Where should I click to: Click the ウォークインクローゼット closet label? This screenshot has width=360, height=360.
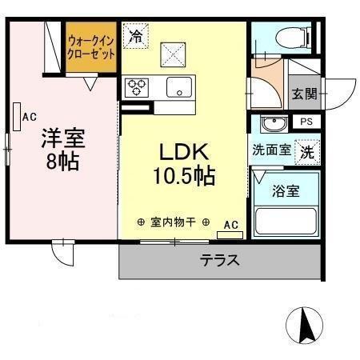click(x=90, y=46)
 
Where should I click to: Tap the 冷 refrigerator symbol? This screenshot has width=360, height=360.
click(x=136, y=36)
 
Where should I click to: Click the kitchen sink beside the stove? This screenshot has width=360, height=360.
click(x=178, y=87)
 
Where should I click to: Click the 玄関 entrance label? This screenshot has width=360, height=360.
click(x=303, y=94)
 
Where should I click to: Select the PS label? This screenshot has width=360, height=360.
click(x=306, y=122)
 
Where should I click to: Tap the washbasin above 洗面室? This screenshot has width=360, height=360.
click(x=274, y=125)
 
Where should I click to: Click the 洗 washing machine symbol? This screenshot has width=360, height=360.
click(x=306, y=150)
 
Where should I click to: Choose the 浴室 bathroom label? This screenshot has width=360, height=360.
click(x=286, y=193)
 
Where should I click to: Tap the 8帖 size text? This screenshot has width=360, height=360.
click(x=61, y=162)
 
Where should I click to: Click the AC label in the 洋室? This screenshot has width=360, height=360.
click(x=30, y=117)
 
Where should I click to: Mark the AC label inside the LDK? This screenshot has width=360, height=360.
click(x=230, y=225)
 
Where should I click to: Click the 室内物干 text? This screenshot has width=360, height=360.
click(x=174, y=222)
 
